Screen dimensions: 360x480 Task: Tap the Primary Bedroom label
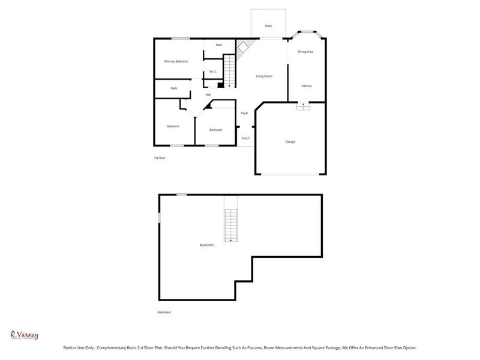click(x=176, y=61)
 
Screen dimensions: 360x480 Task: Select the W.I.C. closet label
click(x=213, y=73)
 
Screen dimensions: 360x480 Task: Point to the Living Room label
click(x=265, y=76)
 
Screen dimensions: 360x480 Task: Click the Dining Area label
click(x=306, y=52)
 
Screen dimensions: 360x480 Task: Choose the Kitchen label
click(x=306, y=86)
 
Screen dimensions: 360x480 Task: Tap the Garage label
click(x=290, y=142)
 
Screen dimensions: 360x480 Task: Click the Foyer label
click(x=245, y=113)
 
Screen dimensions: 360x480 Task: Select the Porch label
click(x=245, y=139)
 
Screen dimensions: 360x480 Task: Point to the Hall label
click(x=208, y=95)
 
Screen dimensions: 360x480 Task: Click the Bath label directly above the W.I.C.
click(x=219, y=45)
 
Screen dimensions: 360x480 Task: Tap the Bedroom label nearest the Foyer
click(x=215, y=130)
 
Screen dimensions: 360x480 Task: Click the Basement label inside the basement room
click(x=206, y=245)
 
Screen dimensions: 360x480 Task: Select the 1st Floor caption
click(x=159, y=158)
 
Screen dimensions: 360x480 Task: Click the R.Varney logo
click(x=25, y=335)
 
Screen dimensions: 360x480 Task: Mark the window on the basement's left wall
click(x=159, y=217)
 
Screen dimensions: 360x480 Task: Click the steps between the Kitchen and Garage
click(x=304, y=107)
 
